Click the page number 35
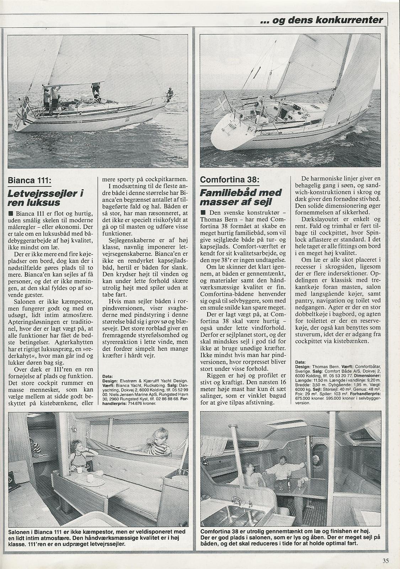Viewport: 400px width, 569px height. [x=385, y=561]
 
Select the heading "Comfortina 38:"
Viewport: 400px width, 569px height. [x=229, y=180]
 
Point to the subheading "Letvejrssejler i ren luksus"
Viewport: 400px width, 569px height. [x=46, y=198]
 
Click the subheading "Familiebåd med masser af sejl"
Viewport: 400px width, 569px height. [x=240, y=197]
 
